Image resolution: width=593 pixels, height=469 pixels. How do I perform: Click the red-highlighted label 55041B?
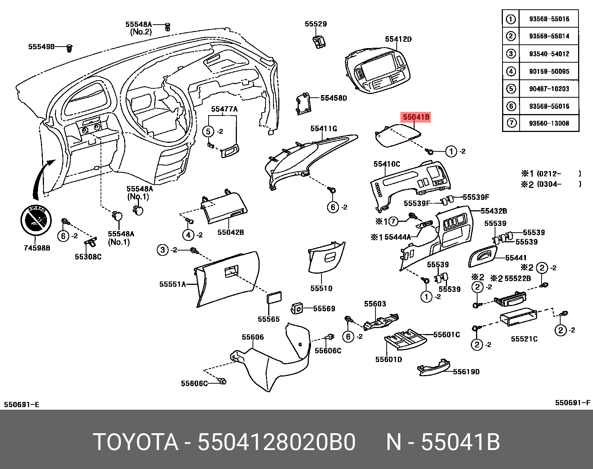point(416,117)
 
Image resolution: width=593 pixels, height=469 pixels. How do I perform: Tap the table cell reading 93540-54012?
point(549,54)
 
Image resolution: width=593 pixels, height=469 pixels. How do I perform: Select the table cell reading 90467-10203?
point(549,89)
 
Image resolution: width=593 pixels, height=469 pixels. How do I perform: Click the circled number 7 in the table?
point(511,123)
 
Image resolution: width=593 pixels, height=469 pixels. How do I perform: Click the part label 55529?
point(315,24)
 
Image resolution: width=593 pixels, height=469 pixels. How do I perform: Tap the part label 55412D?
point(398,39)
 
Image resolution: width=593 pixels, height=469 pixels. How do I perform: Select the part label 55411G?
point(323,129)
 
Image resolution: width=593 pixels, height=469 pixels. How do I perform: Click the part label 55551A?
point(172,284)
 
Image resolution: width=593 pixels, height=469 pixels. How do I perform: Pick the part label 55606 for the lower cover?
point(253,337)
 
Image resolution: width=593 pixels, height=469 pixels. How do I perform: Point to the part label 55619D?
point(466,372)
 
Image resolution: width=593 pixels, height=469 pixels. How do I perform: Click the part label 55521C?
point(524,339)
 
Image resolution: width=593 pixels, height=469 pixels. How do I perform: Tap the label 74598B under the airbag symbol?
point(37,248)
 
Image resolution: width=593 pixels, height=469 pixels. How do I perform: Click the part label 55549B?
point(41,47)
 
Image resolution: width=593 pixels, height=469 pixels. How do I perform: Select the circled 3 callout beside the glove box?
point(162,250)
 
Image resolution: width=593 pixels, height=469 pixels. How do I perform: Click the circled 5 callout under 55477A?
point(208,131)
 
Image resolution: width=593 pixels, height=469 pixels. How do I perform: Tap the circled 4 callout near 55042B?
point(188,235)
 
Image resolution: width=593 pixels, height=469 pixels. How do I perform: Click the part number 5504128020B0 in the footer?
point(276,442)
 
